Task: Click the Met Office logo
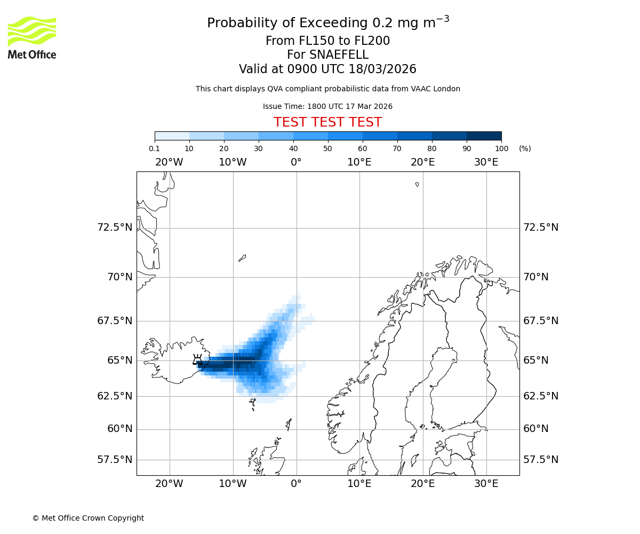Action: pyautogui.click(x=32, y=37)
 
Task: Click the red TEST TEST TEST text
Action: pyautogui.click(x=327, y=122)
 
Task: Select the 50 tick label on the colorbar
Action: pyautogui.click(x=327, y=148)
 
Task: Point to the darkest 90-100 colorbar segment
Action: pyautogui.click(x=484, y=136)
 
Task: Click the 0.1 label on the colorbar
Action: pyautogui.click(x=154, y=148)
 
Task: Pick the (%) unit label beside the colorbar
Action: pyautogui.click(x=525, y=148)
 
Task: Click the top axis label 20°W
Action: pyautogui.click(x=169, y=162)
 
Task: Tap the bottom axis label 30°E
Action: pyautogui.click(x=486, y=484)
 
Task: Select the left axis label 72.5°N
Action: pyautogui.click(x=114, y=227)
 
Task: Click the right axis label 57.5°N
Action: pyautogui.click(x=541, y=460)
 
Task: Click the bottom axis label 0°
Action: pyautogui.click(x=296, y=484)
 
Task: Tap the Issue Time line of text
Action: pyautogui.click(x=327, y=106)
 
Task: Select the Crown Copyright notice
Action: pyautogui.click(x=88, y=518)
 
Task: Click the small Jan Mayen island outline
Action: pyautogui.click(x=242, y=258)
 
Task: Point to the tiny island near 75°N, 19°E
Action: pyautogui.click(x=417, y=184)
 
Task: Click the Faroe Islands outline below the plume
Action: pyautogui.click(x=252, y=404)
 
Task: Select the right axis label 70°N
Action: pyautogui.click(x=535, y=277)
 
